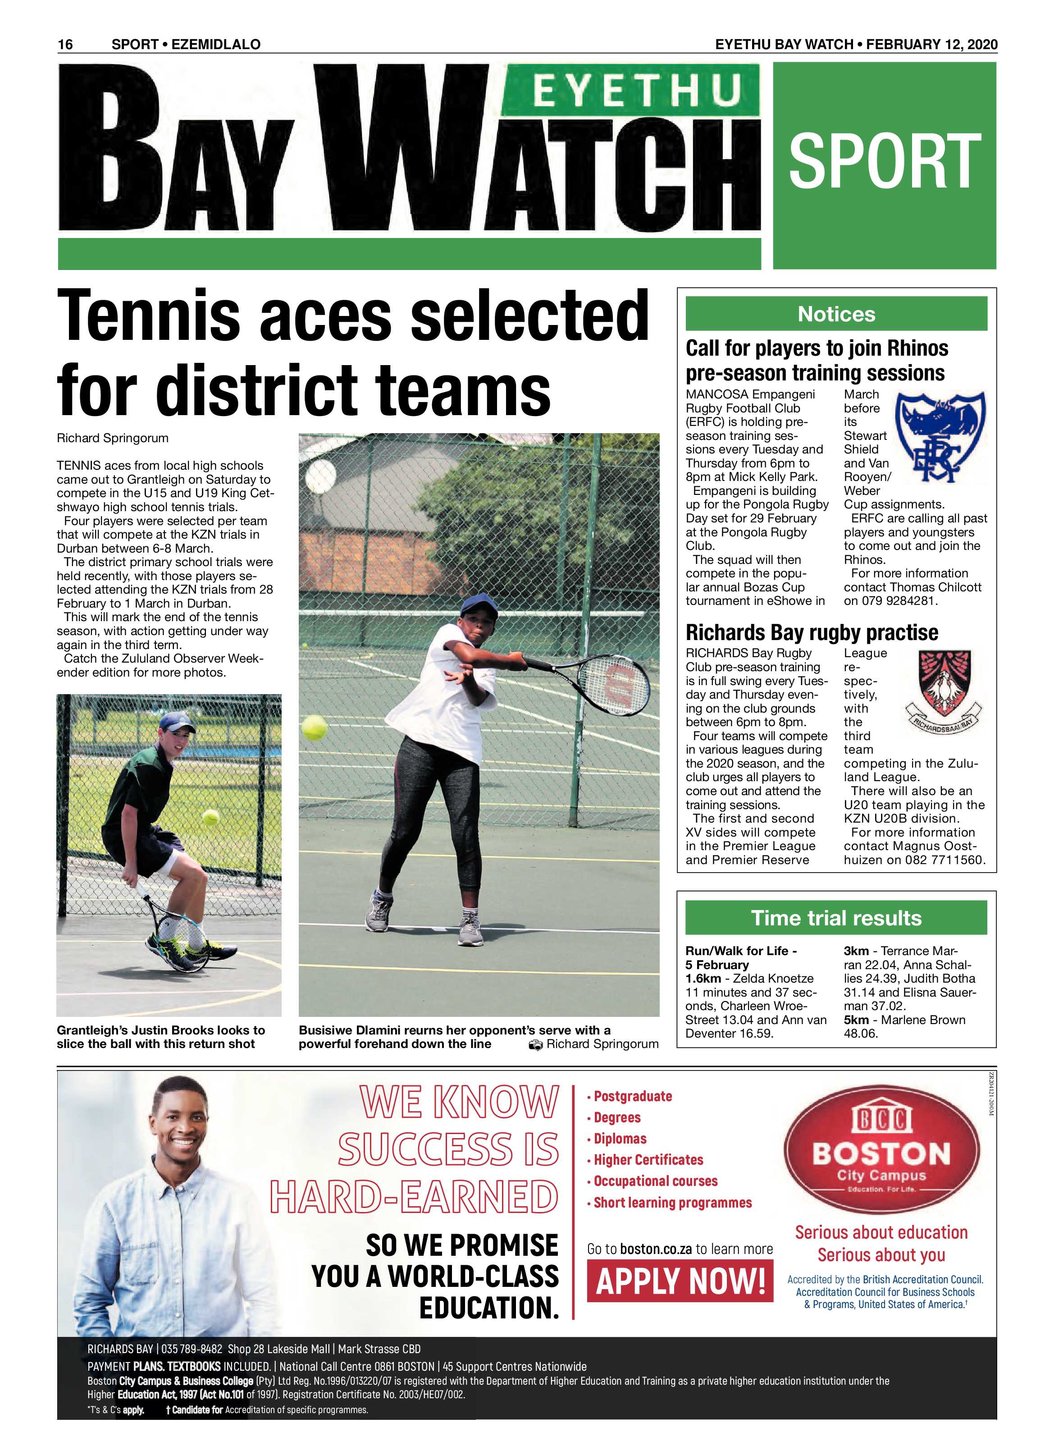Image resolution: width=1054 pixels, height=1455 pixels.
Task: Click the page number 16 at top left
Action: (65, 44)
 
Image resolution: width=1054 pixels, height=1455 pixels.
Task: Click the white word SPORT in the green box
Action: (884, 162)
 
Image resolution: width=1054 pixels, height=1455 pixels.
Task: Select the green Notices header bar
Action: (835, 314)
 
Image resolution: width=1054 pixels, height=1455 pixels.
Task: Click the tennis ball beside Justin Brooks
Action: (210, 817)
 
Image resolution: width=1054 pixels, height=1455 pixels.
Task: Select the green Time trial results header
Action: (835, 918)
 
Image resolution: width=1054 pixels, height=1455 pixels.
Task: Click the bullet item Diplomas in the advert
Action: (620, 1139)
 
